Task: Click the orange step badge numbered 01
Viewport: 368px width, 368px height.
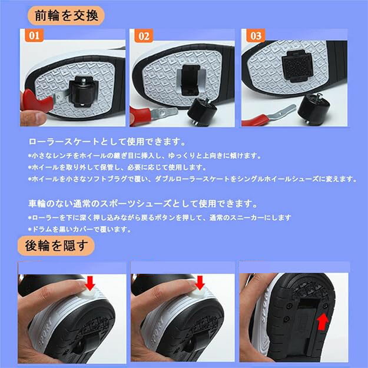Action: pyautogui.click(x=34, y=35)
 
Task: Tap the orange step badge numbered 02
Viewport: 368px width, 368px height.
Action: pyautogui.click(x=144, y=36)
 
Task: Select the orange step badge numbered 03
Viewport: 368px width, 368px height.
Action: pyautogui.click(x=256, y=36)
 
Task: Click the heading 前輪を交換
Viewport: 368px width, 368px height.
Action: pyautogui.click(x=66, y=16)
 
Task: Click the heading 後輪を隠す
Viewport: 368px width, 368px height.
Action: pyautogui.click(x=56, y=246)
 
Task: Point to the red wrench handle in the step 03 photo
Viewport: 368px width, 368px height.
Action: pyautogui.click(x=254, y=120)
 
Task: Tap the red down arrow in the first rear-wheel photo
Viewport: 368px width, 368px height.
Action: pyautogui.click(x=90, y=283)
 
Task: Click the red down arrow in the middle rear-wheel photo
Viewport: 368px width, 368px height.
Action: pyautogui.click(x=200, y=283)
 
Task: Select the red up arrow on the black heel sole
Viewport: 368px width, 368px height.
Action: pyautogui.click(x=323, y=321)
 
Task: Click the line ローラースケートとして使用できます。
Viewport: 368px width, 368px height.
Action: pyautogui.click(x=107, y=142)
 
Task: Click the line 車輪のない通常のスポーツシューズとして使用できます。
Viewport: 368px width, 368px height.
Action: pyautogui.click(x=142, y=204)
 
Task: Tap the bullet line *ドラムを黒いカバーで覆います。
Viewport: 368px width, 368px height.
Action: pyautogui.click(x=79, y=229)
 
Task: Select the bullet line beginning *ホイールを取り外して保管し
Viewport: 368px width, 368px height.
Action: pyautogui.click(x=117, y=167)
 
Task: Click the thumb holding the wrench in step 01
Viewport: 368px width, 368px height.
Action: pyautogui.click(x=33, y=118)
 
